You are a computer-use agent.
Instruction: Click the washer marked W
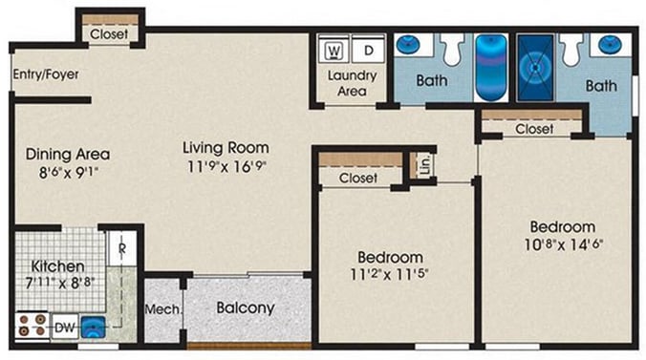[334, 50]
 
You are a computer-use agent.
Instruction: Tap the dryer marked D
[368, 50]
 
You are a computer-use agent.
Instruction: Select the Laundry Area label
[353, 83]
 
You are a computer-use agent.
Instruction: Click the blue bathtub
[491, 67]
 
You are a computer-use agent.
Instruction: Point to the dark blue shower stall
[535, 67]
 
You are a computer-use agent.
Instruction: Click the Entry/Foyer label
[46, 74]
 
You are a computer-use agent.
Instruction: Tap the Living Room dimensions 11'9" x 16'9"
[226, 166]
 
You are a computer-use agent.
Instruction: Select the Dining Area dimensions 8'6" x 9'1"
[69, 172]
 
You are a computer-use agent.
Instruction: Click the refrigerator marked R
[122, 249]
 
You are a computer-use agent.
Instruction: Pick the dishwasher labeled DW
[65, 328]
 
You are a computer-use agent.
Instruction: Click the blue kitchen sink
[93, 327]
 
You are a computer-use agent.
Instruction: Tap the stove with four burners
[32, 326]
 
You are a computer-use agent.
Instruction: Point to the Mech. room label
[162, 309]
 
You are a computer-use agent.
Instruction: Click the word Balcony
[246, 308]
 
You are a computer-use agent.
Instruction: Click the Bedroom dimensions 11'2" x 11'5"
[389, 274]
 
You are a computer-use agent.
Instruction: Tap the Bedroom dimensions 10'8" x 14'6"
[563, 244]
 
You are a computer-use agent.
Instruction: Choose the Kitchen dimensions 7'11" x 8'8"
[60, 283]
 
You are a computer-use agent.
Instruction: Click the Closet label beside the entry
[109, 34]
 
